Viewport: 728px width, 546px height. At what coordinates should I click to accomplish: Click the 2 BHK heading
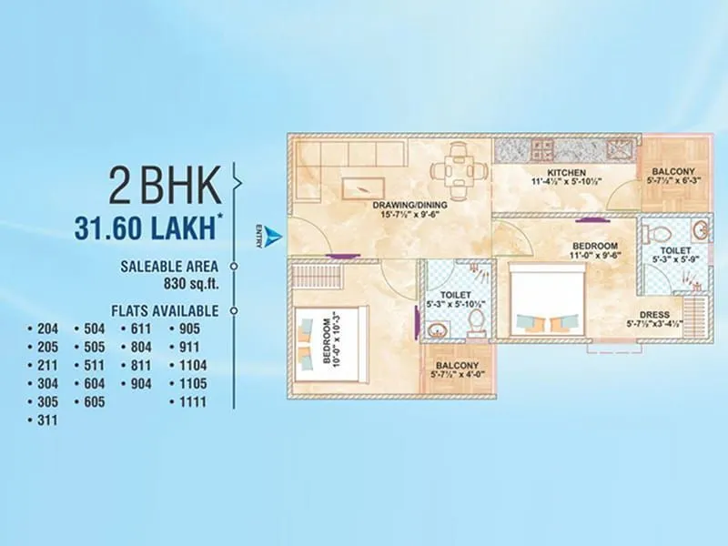pos(165,185)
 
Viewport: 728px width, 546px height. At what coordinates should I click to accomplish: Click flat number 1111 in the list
pos(191,401)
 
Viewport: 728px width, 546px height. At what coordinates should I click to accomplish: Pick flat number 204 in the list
pos(45,329)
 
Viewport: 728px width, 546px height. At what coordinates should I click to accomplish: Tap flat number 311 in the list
pos(45,420)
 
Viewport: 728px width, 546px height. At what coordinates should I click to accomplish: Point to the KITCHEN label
pos(566,172)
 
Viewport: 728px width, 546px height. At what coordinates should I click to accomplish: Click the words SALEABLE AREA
pos(170,267)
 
